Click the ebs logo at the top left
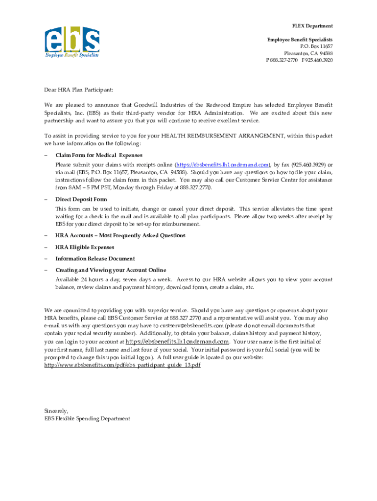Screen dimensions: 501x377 (72, 42)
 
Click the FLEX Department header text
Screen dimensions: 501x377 (312, 26)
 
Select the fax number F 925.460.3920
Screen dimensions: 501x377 (317, 60)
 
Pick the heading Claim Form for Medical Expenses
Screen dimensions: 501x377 (98, 155)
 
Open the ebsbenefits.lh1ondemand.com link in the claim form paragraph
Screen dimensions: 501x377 (223, 164)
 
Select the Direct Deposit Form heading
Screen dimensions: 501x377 (81, 200)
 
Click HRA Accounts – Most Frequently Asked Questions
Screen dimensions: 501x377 (120, 235)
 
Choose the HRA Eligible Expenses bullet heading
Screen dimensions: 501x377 (85, 247)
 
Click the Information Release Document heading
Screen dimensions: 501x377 (95, 258)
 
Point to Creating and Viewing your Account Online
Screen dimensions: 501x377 (111, 270)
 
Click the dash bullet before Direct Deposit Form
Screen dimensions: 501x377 (46, 200)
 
